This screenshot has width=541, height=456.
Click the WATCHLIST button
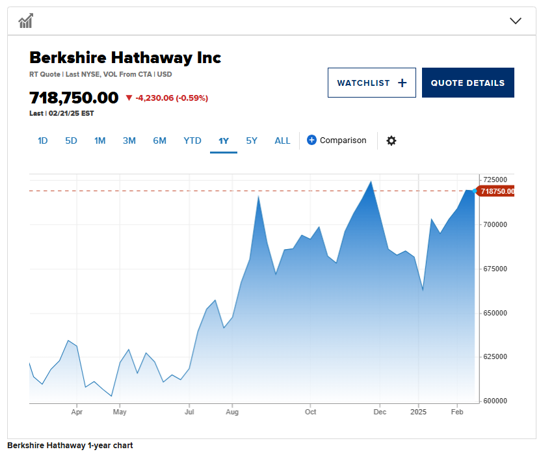[371, 83]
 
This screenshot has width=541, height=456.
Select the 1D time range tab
[43, 141]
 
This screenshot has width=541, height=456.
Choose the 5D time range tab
[71, 141]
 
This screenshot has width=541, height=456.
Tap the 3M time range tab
[129, 141]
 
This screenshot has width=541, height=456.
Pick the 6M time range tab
[159, 141]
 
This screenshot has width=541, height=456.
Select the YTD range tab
[192, 141]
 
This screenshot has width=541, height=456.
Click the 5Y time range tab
[252, 141]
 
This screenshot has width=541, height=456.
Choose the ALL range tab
[282, 141]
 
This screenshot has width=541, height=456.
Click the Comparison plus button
[311, 140]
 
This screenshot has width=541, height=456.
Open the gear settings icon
[391, 141]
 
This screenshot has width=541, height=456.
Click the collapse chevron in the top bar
[516, 21]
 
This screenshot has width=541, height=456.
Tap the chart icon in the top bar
[26, 21]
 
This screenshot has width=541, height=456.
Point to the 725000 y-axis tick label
[495, 180]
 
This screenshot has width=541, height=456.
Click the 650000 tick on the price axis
[495, 313]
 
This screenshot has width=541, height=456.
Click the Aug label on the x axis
[232, 412]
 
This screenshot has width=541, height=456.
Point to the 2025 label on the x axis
[419, 412]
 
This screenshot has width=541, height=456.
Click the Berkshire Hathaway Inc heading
[125, 57]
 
